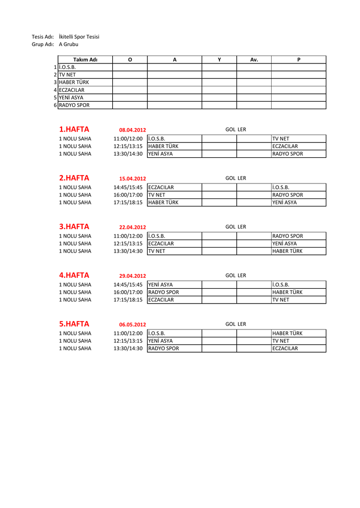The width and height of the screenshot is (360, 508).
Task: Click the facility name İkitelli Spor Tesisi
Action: point(78,37)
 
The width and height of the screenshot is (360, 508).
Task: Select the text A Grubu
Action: point(68,44)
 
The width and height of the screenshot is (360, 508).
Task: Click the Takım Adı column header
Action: point(85,60)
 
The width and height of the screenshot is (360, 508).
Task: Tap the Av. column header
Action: point(254,60)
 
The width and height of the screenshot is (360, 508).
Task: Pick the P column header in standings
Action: point(298,60)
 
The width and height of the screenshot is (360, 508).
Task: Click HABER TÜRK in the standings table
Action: point(74,82)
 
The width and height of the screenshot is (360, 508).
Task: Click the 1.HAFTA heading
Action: point(74,129)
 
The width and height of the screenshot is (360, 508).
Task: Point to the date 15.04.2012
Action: point(133,179)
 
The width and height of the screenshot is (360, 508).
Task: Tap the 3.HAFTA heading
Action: point(74,227)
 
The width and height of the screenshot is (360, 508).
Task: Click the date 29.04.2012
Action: point(133,276)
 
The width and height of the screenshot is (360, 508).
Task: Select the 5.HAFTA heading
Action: point(74,324)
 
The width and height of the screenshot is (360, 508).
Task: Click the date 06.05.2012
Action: point(133,324)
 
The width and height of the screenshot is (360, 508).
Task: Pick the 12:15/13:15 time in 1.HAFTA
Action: point(128,146)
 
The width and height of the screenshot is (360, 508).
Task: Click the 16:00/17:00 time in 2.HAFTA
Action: point(128,195)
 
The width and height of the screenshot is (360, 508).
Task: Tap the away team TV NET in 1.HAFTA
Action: point(281,139)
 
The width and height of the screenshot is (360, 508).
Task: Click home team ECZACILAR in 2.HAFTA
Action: point(161,188)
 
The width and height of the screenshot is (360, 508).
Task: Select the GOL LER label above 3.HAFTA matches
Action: point(235,227)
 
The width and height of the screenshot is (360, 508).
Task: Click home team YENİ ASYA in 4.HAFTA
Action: point(160,285)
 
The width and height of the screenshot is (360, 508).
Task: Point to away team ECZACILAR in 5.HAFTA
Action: point(285,349)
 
